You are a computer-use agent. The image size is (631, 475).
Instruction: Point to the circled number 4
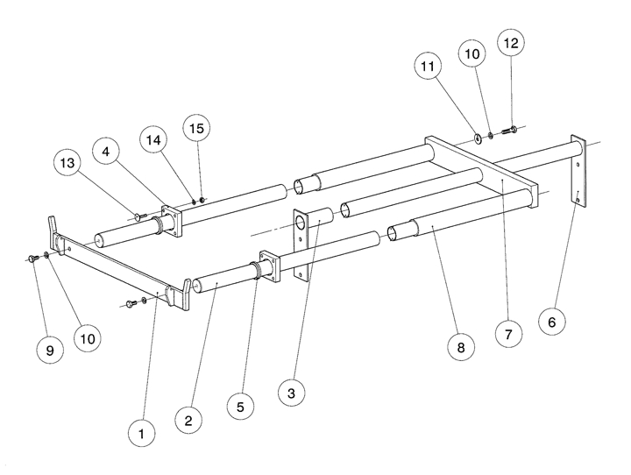tap(109, 152)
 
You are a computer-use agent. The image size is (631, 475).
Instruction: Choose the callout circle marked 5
tap(239, 406)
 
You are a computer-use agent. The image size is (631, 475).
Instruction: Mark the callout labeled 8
tap(461, 347)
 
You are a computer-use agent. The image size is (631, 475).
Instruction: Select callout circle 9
tap(50, 350)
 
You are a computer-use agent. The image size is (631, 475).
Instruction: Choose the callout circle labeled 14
tap(154, 139)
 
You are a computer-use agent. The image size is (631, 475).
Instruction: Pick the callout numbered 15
tap(197, 128)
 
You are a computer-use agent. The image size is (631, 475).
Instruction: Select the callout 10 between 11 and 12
tap(471, 54)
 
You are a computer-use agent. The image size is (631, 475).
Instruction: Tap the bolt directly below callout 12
tap(512, 130)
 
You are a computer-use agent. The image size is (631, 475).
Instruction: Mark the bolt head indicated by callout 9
tap(32, 258)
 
